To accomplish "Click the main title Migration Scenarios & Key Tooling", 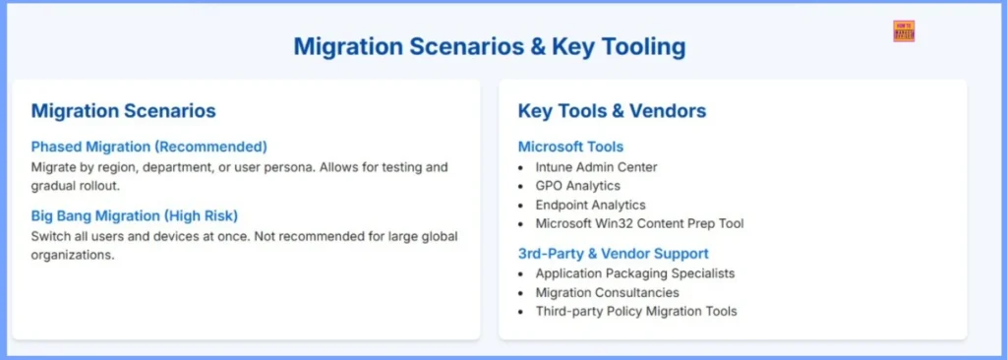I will point(489,46).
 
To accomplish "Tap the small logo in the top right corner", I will point(904,30).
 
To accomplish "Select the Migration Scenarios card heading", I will point(123,111).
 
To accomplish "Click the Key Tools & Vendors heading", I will point(612,111).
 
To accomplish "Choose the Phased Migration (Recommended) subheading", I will point(148,147).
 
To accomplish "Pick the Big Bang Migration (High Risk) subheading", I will point(134,215).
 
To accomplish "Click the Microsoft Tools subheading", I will point(570,147).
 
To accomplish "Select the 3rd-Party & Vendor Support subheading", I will point(613,254).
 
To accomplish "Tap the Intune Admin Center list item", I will point(596,167).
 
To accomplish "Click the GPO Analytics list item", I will point(577,186).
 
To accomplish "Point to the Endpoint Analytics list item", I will point(590,205).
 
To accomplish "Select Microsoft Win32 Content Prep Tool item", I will point(639,223).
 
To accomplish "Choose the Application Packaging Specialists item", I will point(634,273).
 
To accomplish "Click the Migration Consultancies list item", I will point(607,292).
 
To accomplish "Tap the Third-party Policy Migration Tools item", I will point(635,311).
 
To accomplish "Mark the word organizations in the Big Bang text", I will point(73,255).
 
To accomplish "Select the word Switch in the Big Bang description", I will point(50,236).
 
